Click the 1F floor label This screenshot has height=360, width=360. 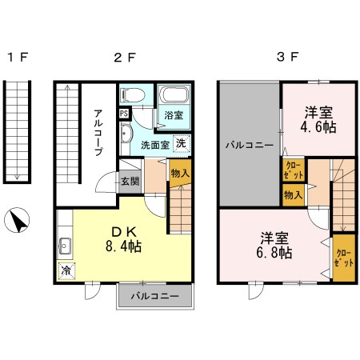[18, 58]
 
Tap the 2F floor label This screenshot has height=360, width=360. [124, 58]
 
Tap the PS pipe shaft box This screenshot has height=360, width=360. [124, 114]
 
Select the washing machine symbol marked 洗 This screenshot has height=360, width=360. [182, 144]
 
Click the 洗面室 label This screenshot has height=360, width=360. [154, 145]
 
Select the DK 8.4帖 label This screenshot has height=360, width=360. [126, 239]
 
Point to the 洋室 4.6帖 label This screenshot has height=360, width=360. [318, 119]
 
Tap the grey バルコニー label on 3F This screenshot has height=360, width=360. [249, 146]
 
